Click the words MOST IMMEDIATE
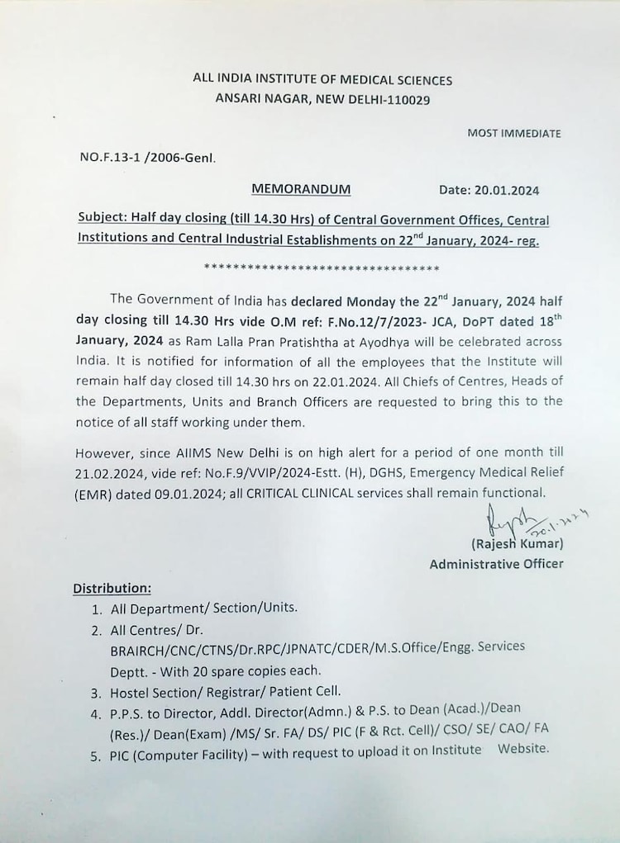513,133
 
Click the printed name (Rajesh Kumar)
517,544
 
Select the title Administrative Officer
496,564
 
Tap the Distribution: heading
112,589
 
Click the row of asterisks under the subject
321,268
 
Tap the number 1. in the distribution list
97,609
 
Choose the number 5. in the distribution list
97,751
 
